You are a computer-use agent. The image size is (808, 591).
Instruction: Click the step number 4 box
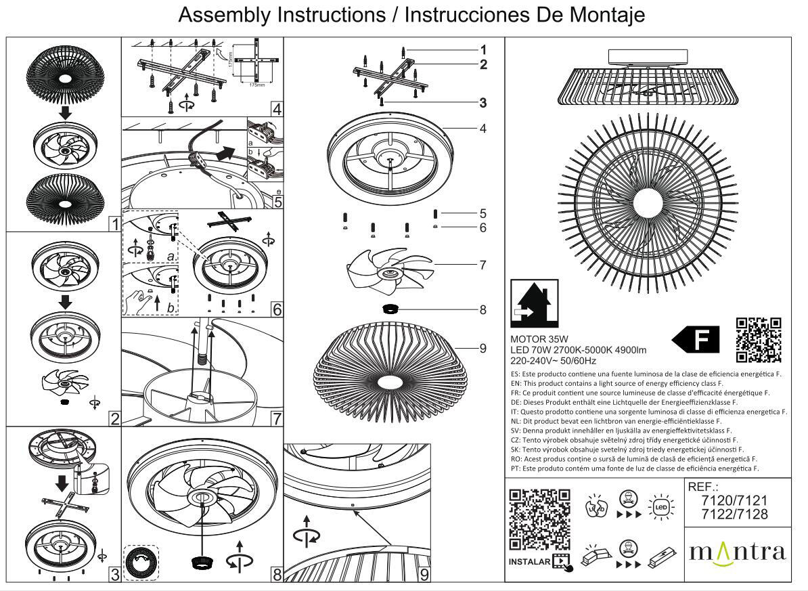tap(277, 109)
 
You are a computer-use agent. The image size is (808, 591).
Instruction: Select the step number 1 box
tap(115, 224)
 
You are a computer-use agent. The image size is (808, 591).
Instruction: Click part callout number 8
tap(482, 310)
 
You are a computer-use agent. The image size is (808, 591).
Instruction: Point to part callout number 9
tap(482, 348)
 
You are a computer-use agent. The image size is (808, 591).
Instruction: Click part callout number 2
tap(483, 65)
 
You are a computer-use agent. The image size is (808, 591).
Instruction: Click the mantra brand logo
tap(738, 551)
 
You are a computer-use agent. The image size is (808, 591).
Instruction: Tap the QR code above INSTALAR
tap(539, 519)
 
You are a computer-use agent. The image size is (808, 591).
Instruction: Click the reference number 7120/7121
tap(735, 501)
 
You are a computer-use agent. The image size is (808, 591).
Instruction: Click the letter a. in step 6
tap(171, 258)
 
